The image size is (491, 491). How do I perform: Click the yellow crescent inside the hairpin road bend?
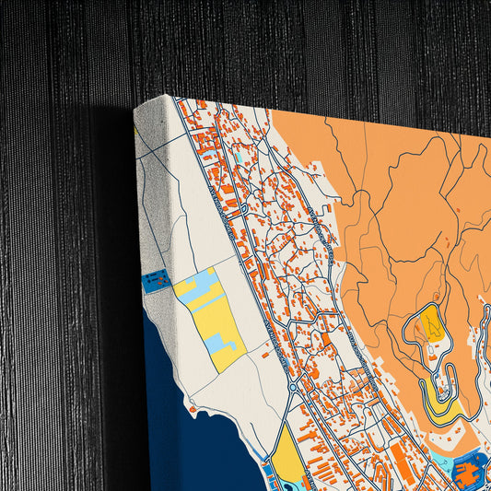[441, 409]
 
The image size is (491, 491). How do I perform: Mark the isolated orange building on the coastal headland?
[192, 408]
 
